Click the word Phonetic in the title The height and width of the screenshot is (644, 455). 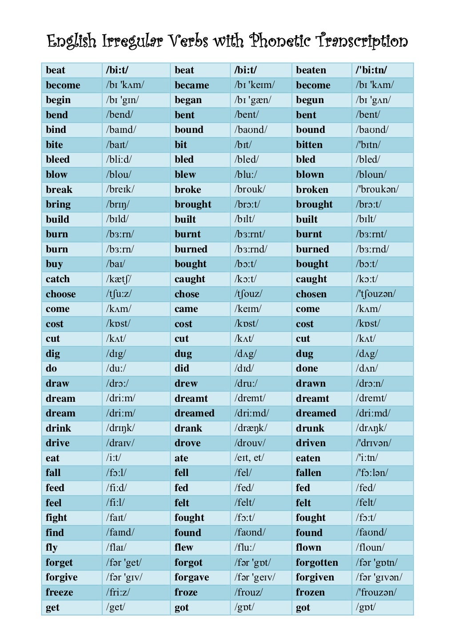pos(280,41)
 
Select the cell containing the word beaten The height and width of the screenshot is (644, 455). pos(311,70)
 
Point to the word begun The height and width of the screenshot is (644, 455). pos(310,100)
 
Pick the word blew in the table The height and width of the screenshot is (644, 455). pos(185,175)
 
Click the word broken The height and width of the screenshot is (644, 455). pos(312,190)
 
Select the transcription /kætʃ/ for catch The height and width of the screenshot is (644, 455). pos(119,279)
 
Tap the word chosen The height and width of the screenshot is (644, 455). pos(311,294)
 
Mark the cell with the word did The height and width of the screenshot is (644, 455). pos(182,368)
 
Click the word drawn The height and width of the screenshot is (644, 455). pos(311,384)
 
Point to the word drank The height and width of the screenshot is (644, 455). pos(188,428)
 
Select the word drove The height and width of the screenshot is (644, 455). pos(188,443)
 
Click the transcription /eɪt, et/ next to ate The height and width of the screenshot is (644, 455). pos(249,458)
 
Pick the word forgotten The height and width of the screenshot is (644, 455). pos(317,563)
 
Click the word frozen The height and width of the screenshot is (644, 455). pos(310,592)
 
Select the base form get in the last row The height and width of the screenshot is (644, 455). pos(52,608)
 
